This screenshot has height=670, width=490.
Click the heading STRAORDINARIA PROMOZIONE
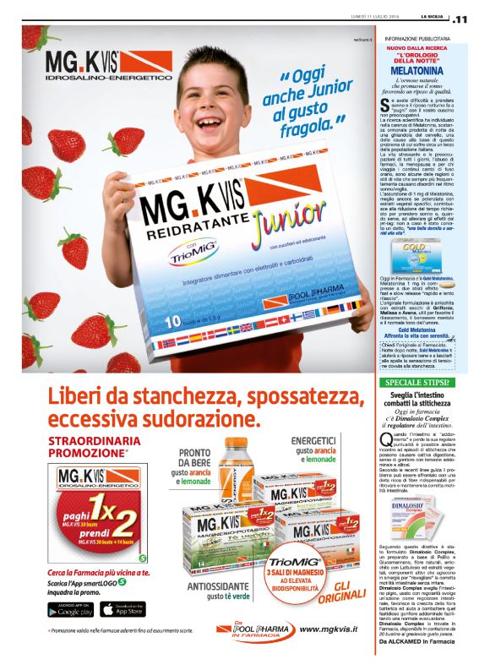(x=87, y=447)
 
